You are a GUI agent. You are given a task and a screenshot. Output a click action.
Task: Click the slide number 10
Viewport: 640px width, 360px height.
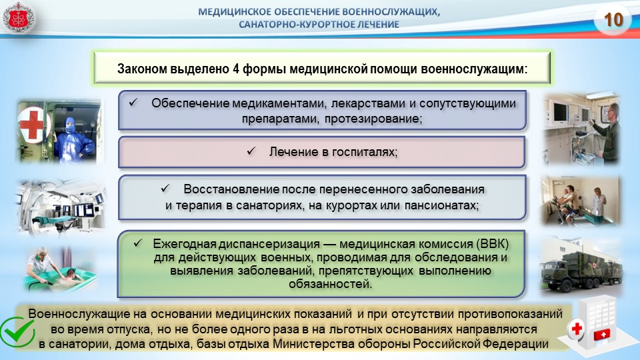pyautogui.click(x=613, y=19)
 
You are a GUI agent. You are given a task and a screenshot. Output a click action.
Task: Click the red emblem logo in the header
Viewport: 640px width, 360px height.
pyautogui.click(x=18, y=17)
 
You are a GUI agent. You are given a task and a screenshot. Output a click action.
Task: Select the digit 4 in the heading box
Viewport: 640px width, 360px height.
pyautogui.click(x=235, y=69)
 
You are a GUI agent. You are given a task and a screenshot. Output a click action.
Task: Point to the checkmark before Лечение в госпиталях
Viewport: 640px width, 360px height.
pyautogui.click(x=251, y=151)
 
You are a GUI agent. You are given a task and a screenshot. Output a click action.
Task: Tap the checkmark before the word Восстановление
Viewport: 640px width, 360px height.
pyautogui.click(x=165, y=188)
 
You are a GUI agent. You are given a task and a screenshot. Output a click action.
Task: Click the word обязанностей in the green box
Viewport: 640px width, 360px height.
pyautogui.click(x=330, y=284)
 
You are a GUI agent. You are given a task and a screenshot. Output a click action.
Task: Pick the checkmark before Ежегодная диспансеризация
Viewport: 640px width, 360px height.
pyautogui.click(x=138, y=243)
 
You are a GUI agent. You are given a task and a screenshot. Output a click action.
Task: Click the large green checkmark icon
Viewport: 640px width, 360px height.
pyautogui.click(x=17, y=332)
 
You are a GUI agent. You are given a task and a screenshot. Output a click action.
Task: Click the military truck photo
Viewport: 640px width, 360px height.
pyautogui.click(x=581, y=266)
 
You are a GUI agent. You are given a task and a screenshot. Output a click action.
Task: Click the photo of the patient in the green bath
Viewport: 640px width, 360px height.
pyautogui.click(x=61, y=268)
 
